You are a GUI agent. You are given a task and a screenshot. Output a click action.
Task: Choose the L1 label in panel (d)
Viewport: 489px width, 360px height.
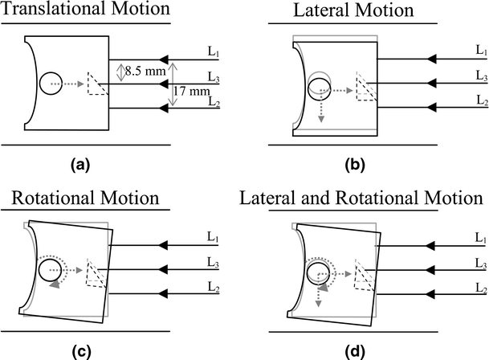(480, 239)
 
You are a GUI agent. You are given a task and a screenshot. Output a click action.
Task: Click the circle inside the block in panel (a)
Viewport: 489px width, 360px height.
(51, 83)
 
